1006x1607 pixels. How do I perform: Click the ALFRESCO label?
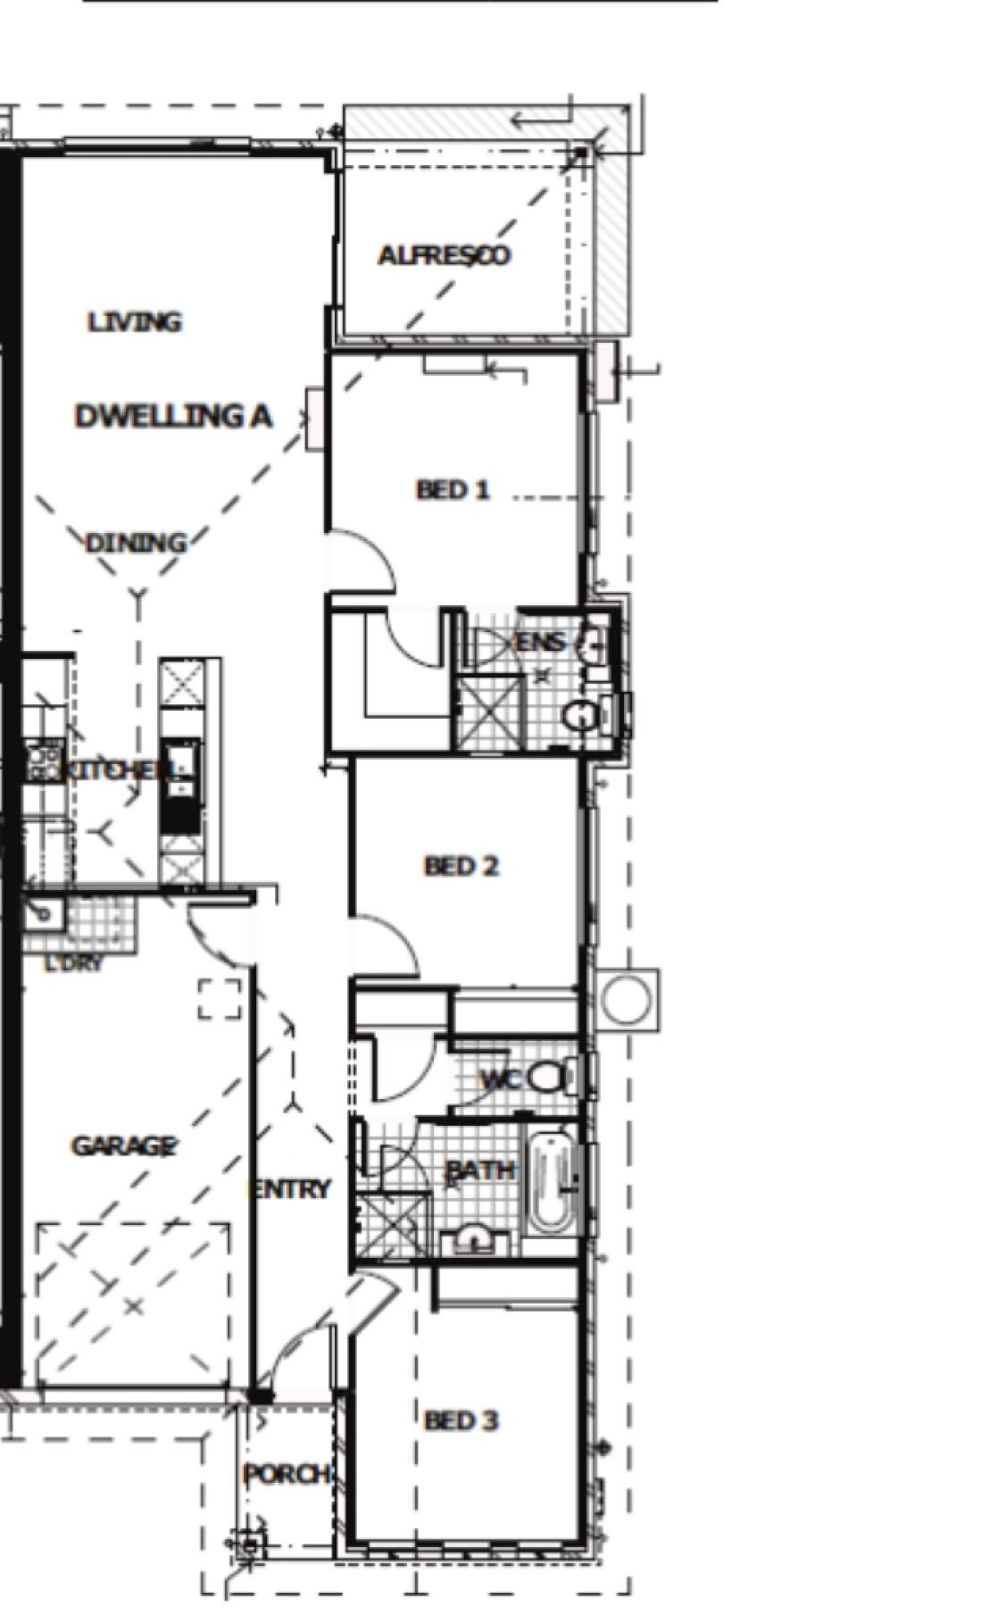coord(444,255)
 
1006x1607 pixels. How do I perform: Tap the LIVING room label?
coord(135,321)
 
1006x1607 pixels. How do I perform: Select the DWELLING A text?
coord(173,416)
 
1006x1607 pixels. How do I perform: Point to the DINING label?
coord(136,543)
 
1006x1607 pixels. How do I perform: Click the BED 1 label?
coord(453,489)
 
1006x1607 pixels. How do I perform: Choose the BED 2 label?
coord(461,866)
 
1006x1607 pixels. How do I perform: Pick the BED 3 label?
coord(461,1420)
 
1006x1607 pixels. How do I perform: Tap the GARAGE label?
coord(123,1146)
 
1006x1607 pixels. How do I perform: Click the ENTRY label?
coord(291,1189)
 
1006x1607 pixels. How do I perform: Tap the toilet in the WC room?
coord(546,1078)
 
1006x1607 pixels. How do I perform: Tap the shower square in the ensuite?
coord(488,712)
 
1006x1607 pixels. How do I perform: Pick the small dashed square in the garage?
coord(220,999)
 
